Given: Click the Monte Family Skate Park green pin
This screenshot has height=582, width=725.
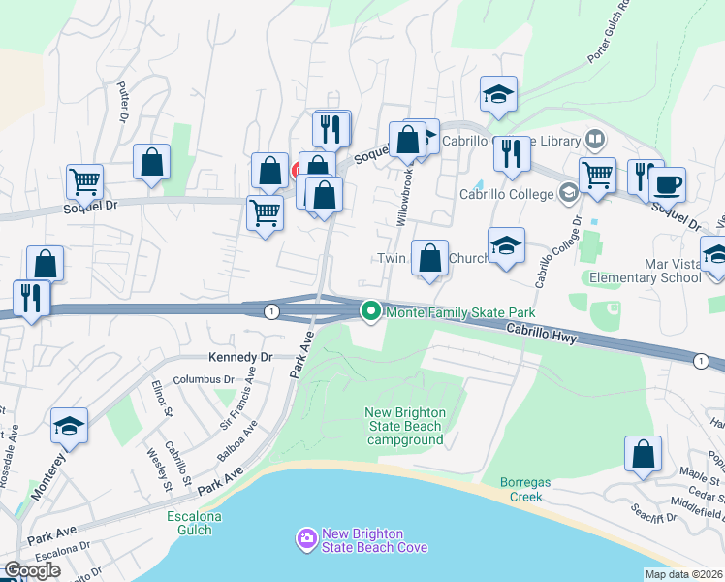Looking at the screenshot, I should click(x=370, y=312).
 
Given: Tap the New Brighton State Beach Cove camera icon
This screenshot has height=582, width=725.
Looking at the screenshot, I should click(x=307, y=537).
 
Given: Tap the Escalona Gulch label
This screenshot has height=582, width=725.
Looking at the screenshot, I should click(x=194, y=524).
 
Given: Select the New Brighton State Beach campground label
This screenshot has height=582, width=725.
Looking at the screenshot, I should click(x=405, y=426).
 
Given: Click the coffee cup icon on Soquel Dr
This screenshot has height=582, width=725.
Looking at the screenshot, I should click(x=667, y=183).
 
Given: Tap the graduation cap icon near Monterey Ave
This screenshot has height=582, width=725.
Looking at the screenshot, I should click(x=70, y=426).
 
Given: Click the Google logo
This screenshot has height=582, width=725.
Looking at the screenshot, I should click(x=32, y=570).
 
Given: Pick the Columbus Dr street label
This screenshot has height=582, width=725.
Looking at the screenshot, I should click(x=205, y=379).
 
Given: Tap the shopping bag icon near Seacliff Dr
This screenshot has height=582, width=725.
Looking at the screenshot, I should click(x=643, y=454).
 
